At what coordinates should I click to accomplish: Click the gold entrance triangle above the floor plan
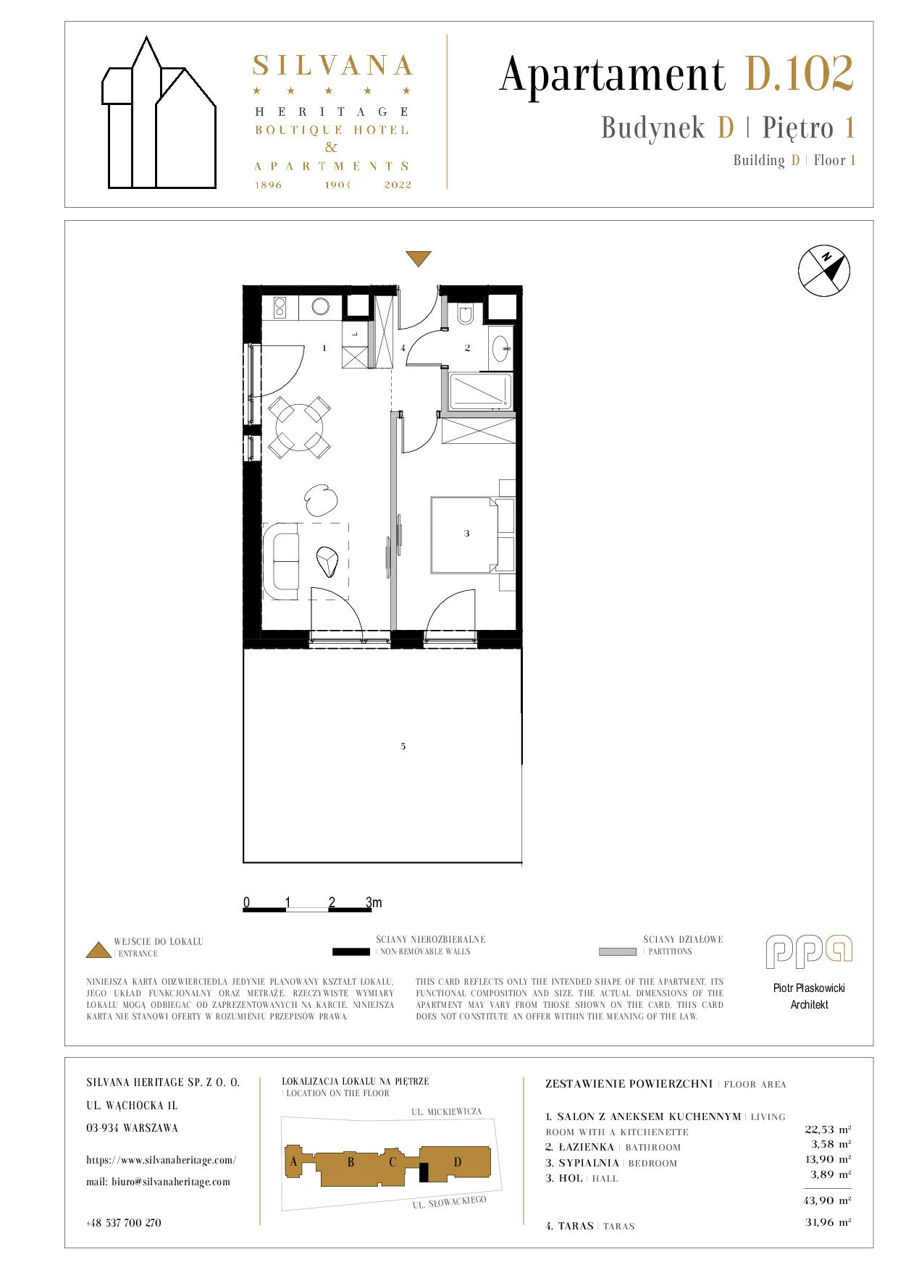(x=419, y=258)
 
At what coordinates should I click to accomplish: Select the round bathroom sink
(x=500, y=349)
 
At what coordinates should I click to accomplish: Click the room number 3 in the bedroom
(x=467, y=534)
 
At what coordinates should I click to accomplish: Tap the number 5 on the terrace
(x=403, y=746)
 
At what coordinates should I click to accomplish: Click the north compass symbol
(x=824, y=270)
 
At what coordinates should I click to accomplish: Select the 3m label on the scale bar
(x=374, y=902)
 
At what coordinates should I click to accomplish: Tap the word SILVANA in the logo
(x=332, y=66)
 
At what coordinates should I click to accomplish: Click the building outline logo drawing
(x=159, y=112)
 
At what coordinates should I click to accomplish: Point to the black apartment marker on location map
(x=424, y=1171)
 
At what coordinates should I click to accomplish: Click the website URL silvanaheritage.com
(x=161, y=1159)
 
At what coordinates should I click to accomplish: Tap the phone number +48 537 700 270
(x=123, y=1222)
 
